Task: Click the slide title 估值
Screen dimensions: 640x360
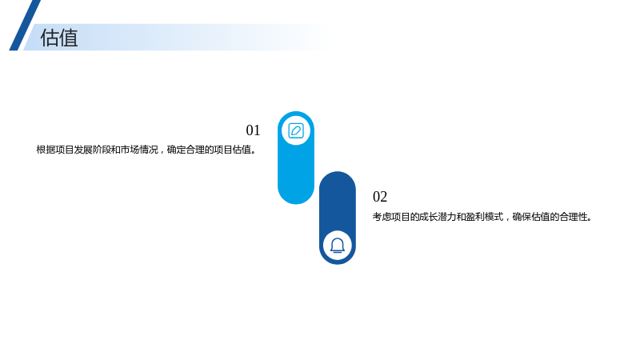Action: (x=59, y=38)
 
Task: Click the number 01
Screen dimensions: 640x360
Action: (x=253, y=130)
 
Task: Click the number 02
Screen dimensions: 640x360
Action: (x=380, y=197)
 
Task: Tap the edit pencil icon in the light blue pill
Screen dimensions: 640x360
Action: (x=296, y=131)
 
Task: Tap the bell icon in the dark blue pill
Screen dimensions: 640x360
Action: (x=338, y=246)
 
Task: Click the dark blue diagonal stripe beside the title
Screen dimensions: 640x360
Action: (x=25, y=26)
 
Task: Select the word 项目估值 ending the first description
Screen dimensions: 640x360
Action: (x=232, y=150)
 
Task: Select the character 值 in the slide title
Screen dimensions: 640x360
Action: (x=69, y=38)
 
